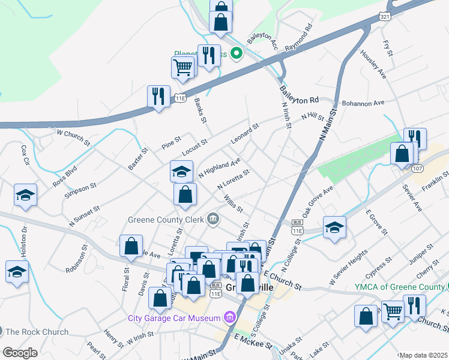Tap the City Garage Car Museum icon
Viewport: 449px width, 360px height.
tap(229, 317)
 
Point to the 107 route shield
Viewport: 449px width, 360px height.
tap(418, 169)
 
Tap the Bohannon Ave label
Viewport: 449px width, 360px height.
tap(363, 103)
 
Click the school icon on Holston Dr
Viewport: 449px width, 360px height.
tap(17, 271)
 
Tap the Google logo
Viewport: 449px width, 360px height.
tap(20, 353)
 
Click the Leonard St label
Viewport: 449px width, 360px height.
tap(244, 135)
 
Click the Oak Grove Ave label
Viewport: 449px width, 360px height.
tap(317, 202)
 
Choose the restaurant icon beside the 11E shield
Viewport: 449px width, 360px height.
tap(158, 96)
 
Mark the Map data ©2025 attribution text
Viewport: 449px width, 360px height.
tap(423, 355)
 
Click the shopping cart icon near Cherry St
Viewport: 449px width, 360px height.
tap(393, 311)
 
